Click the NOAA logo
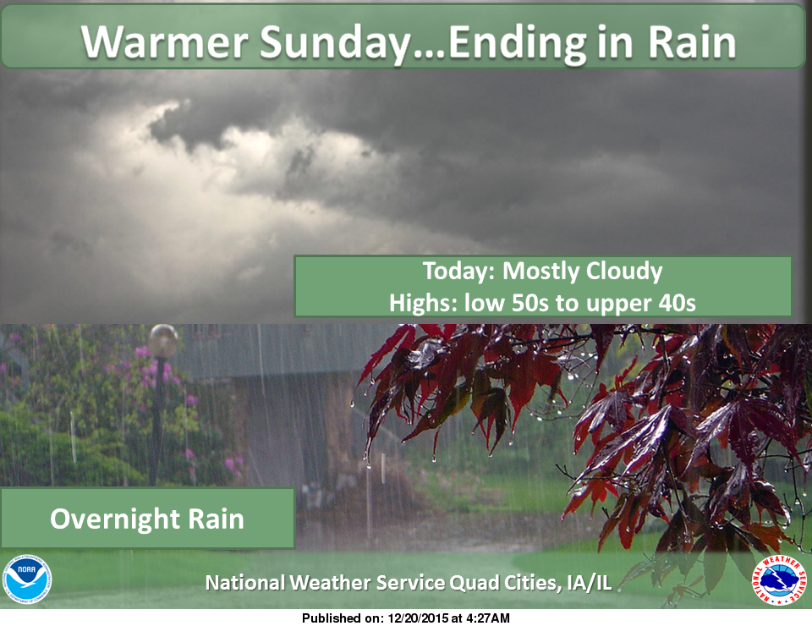(x=27, y=579)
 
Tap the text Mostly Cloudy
(x=583, y=272)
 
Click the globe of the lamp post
(x=163, y=341)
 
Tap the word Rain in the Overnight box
(x=218, y=518)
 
